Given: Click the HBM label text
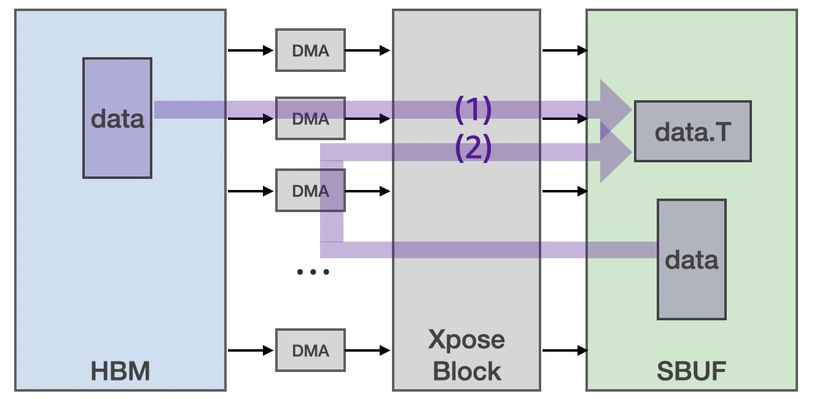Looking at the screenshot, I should (x=120, y=371).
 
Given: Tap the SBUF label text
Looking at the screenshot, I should (x=691, y=371).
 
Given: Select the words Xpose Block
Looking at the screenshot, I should (x=466, y=355).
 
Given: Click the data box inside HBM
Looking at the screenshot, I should (x=117, y=118).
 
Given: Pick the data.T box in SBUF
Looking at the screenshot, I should (x=692, y=132).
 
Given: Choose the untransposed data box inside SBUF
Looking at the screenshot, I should (x=691, y=259).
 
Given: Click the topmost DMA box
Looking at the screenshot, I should (x=310, y=50).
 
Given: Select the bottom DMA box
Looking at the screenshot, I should (x=310, y=350).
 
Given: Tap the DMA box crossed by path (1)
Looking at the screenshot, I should (x=310, y=118).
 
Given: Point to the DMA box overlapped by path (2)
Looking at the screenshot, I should (x=310, y=191).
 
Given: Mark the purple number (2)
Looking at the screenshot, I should (x=473, y=148).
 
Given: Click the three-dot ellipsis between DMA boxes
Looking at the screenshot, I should (x=313, y=272).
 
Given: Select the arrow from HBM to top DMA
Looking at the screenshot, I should (x=251, y=50).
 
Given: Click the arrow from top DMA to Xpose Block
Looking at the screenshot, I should (x=367, y=50).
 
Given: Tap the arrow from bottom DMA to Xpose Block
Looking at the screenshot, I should (x=367, y=350).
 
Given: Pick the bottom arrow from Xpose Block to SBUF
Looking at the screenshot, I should (x=564, y=350).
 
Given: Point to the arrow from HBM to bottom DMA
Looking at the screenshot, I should (x=251, y=350).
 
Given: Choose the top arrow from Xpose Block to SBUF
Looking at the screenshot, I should (x=564, y=50).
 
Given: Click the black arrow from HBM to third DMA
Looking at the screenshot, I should (x=251, y=191).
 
